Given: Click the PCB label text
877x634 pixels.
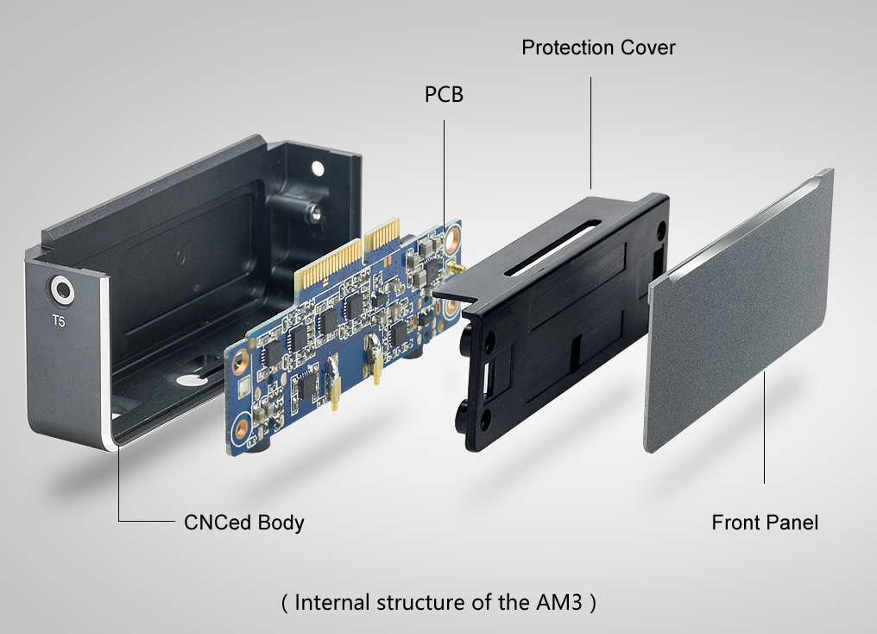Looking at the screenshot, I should pos(444,94).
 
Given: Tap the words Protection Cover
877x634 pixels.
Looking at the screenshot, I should pos(598,48).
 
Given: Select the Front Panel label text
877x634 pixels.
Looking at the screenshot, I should pos(765,522).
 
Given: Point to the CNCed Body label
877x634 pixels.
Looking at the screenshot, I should pos(243,522).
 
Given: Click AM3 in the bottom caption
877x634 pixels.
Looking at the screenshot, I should pos(553,602).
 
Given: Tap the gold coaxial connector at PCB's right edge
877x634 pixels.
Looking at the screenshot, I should pos(455,270).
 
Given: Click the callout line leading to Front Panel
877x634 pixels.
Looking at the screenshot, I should pos(765,428).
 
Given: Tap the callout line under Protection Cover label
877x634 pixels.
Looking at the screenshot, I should pos(591,130).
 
